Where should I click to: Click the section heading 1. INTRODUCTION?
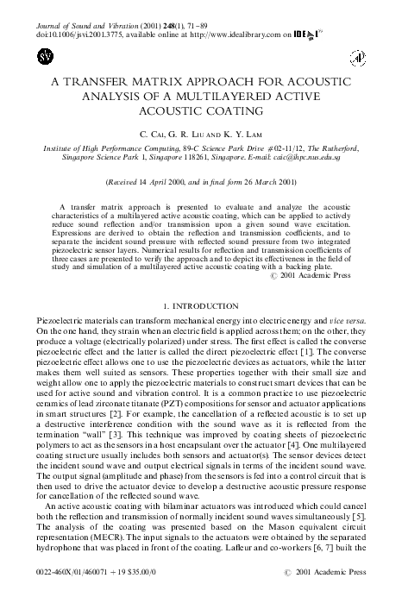[x=200, y=282]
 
